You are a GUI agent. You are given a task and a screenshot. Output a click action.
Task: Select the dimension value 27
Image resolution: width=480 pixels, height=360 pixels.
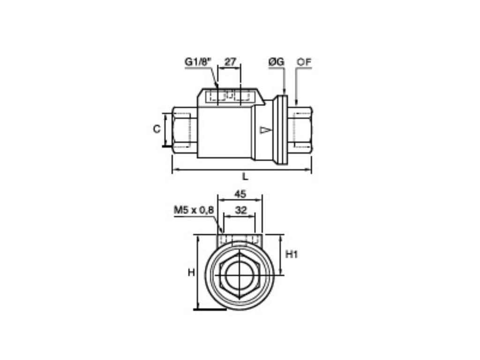coord(230,61)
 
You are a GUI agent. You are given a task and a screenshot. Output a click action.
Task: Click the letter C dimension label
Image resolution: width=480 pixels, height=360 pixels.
coord(157,129)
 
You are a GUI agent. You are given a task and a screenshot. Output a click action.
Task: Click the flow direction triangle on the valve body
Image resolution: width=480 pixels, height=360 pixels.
coord(265,130)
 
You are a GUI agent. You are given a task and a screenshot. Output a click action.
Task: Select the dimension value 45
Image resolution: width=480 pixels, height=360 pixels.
coord(240,194)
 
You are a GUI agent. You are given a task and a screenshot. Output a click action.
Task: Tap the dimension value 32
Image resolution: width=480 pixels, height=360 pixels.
coord(240,210)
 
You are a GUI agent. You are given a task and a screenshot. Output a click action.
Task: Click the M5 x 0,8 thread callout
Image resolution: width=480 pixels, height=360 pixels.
coord(194,210)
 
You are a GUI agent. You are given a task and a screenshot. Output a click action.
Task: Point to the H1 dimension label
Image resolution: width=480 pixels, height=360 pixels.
coord(292,255)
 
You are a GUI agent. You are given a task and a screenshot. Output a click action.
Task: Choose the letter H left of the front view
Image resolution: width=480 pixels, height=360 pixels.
coord(191,272)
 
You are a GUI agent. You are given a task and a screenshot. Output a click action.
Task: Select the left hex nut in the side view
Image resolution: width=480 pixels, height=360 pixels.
coord(185,130)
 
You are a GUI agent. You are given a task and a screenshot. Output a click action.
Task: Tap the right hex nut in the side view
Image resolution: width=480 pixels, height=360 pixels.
coord(300,130)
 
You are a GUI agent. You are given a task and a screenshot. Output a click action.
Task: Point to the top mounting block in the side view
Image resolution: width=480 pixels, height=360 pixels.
coord(230,97)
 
